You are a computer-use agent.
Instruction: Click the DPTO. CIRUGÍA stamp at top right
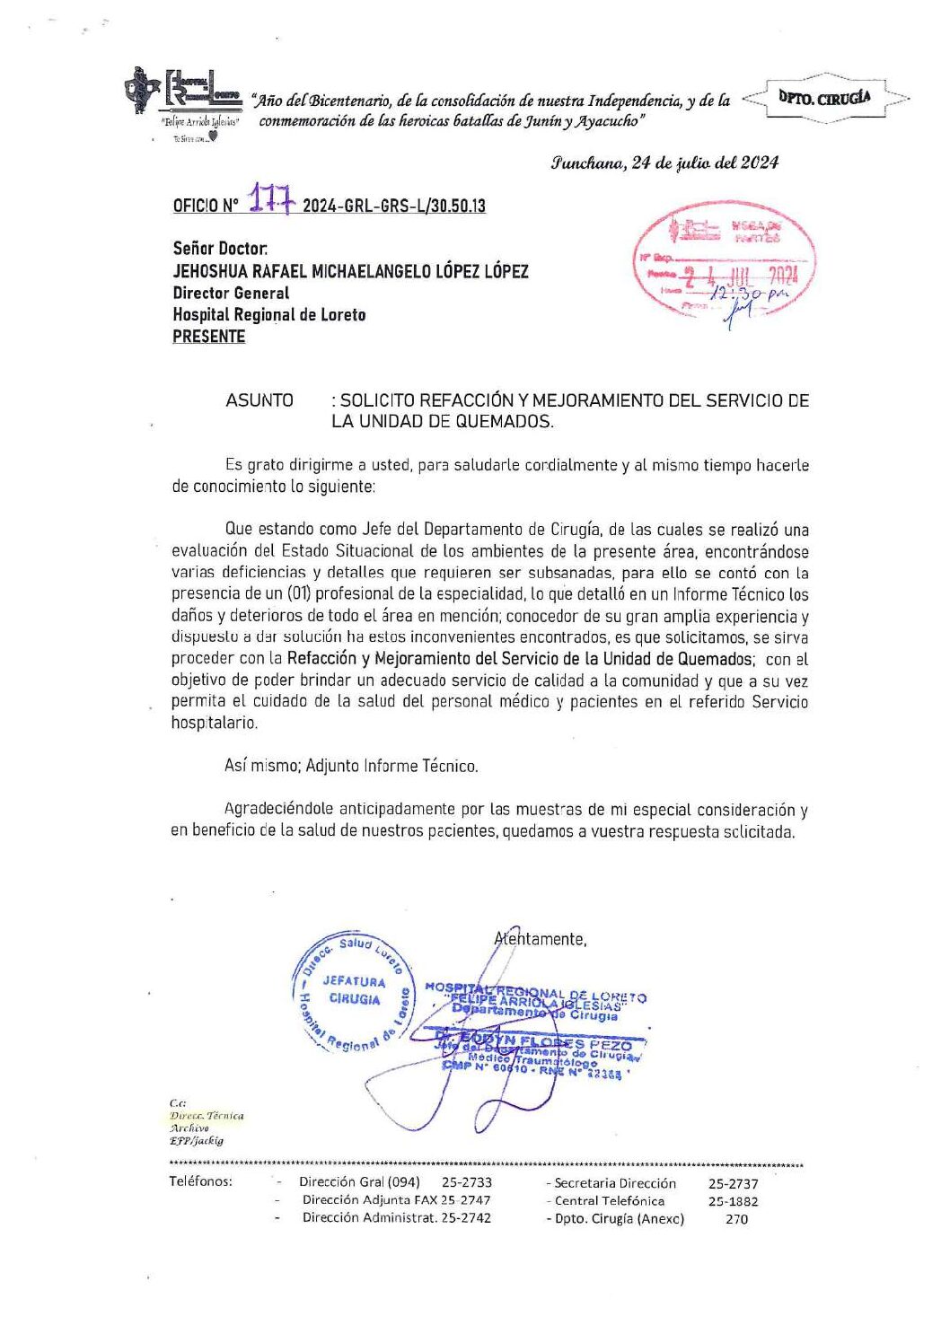(x=824, y=98)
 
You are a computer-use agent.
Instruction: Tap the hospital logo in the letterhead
(x=184, y=95)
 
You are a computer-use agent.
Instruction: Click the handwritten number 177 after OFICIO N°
(x=270, y=199)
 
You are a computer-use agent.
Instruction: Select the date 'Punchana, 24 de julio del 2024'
(x=664, y=162)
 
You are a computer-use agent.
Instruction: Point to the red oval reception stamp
(x=725, y=260)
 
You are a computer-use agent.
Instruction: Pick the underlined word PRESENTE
(x=209, y=337)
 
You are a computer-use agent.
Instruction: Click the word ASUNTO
(x=259, y=400)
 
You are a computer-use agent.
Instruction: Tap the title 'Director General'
(x=231, y=293)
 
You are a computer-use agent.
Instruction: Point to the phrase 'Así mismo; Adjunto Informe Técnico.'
(x=351, y=766)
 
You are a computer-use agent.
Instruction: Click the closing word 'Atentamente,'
(x=541, y=939)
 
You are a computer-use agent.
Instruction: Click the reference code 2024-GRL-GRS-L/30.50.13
(x=394, y=206)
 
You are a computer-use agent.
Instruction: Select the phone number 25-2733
(x=467, y=1182)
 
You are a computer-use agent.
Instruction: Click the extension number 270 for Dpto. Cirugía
(x=736, y=1219)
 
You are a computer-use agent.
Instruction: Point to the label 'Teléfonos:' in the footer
(x=200, y=1181)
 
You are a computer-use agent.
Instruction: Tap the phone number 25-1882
(x=733, y=1201)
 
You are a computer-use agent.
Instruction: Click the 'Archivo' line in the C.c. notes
(x=189, y=1128)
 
